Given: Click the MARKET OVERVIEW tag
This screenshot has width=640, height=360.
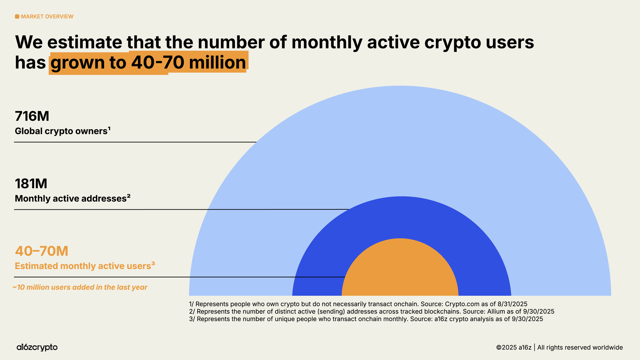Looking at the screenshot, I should pyautogui.click(x=47, y=17).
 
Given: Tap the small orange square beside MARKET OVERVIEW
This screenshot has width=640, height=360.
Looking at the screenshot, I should pyautogui.click(x=17, y=17).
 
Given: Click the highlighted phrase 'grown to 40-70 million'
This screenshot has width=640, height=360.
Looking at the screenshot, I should pyautogui.click(x=148, y=63).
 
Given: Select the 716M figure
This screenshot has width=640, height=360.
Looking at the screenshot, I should pyautogui.click(x=32, y=116).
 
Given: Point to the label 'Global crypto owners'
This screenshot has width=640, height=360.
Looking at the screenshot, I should pyautogui.click(x=61, y=131).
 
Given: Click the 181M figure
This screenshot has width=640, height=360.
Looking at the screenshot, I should pyautogui.click(x=31, y=184).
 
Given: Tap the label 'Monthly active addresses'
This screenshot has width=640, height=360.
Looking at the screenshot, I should pyautogui.click(x=70, y=199).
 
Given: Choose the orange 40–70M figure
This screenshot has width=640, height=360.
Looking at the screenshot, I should pyautogui.click(x=42, y=251).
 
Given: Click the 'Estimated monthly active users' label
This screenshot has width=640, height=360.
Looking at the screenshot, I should pyautogui.click(x=83, y=266).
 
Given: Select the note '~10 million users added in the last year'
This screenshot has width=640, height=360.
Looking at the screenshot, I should pyautogui.click(x=80, y=287).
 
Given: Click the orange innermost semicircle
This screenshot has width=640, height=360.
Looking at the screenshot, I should pyautogui.click(x=400, y=270).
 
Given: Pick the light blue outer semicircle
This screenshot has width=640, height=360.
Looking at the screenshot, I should pyautogui.click(x=400, y=140).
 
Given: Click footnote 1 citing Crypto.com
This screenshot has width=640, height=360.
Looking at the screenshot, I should pyautogui.click(x=358, y=304).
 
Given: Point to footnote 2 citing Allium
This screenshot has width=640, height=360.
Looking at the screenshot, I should pyautogui.click(x=371, y=312).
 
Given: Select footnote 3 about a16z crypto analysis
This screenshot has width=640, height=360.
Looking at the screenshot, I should pyautogui.click(x=366, y=319).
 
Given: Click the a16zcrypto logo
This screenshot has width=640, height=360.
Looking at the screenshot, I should pyautogui.click(x=37, y=347).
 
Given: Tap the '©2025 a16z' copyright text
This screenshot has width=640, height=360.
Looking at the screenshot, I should pyautogui.click(x=514, y=347).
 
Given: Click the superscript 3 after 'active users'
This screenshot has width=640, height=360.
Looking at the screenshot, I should pyautogui.click(x=153, y=263).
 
